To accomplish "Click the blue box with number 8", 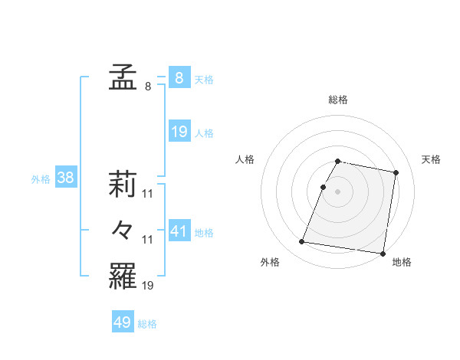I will pyautogui.click(x=179, y=78).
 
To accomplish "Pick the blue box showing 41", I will pyautogui.click(x=179, y=231).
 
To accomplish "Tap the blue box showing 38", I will pyautogui.click(x=66, y=178).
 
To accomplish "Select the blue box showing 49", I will pyautogui.click(x=123, y=322).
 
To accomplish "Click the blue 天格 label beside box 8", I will pyautogui.click(x=204, y=80).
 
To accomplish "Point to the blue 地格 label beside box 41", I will pyautogui.click(x=204, y=232).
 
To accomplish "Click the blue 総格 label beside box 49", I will pyautogui.click(x=147, y=324).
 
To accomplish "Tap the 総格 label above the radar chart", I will pyautogui.click(x=337, y=100).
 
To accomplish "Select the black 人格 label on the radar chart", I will pyautogui.click(x=245, y=159).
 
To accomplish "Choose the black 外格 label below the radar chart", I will pyautogui.click(x=270, y=262).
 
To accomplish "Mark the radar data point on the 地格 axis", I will pyautogui.click(x=383, y=253).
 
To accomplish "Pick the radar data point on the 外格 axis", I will pyautogui.click(x=302, y=242).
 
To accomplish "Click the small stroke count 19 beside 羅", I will pyautogui.click(x=148, y=285).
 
